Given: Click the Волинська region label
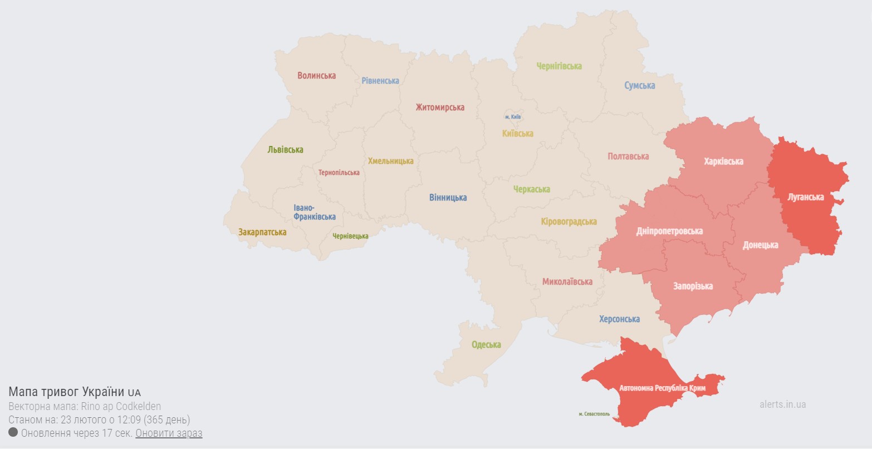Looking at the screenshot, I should (316, 75).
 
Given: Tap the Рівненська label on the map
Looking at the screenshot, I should (380, 81).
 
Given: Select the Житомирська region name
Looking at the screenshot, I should (440, 108).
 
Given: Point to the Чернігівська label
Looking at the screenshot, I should (559, 66).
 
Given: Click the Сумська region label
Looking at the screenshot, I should (639, 86).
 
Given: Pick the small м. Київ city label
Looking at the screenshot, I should (513, 117).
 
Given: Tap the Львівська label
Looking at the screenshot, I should (285, 150).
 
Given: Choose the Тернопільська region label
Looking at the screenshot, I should (339, 173).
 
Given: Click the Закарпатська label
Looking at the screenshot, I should (262, 232).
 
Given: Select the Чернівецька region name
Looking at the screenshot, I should (350, 236).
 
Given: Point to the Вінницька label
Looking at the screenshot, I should (448, 198).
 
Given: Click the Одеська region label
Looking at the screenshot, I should (486, 345).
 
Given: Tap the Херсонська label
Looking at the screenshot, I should (619, 319).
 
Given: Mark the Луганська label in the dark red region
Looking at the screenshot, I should (806, 197).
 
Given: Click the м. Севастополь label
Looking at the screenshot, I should (594, 414).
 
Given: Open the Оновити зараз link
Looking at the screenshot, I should (169, 433).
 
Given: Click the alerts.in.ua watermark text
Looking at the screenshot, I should (782, 404).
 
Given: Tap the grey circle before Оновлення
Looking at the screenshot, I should (13, 433).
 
